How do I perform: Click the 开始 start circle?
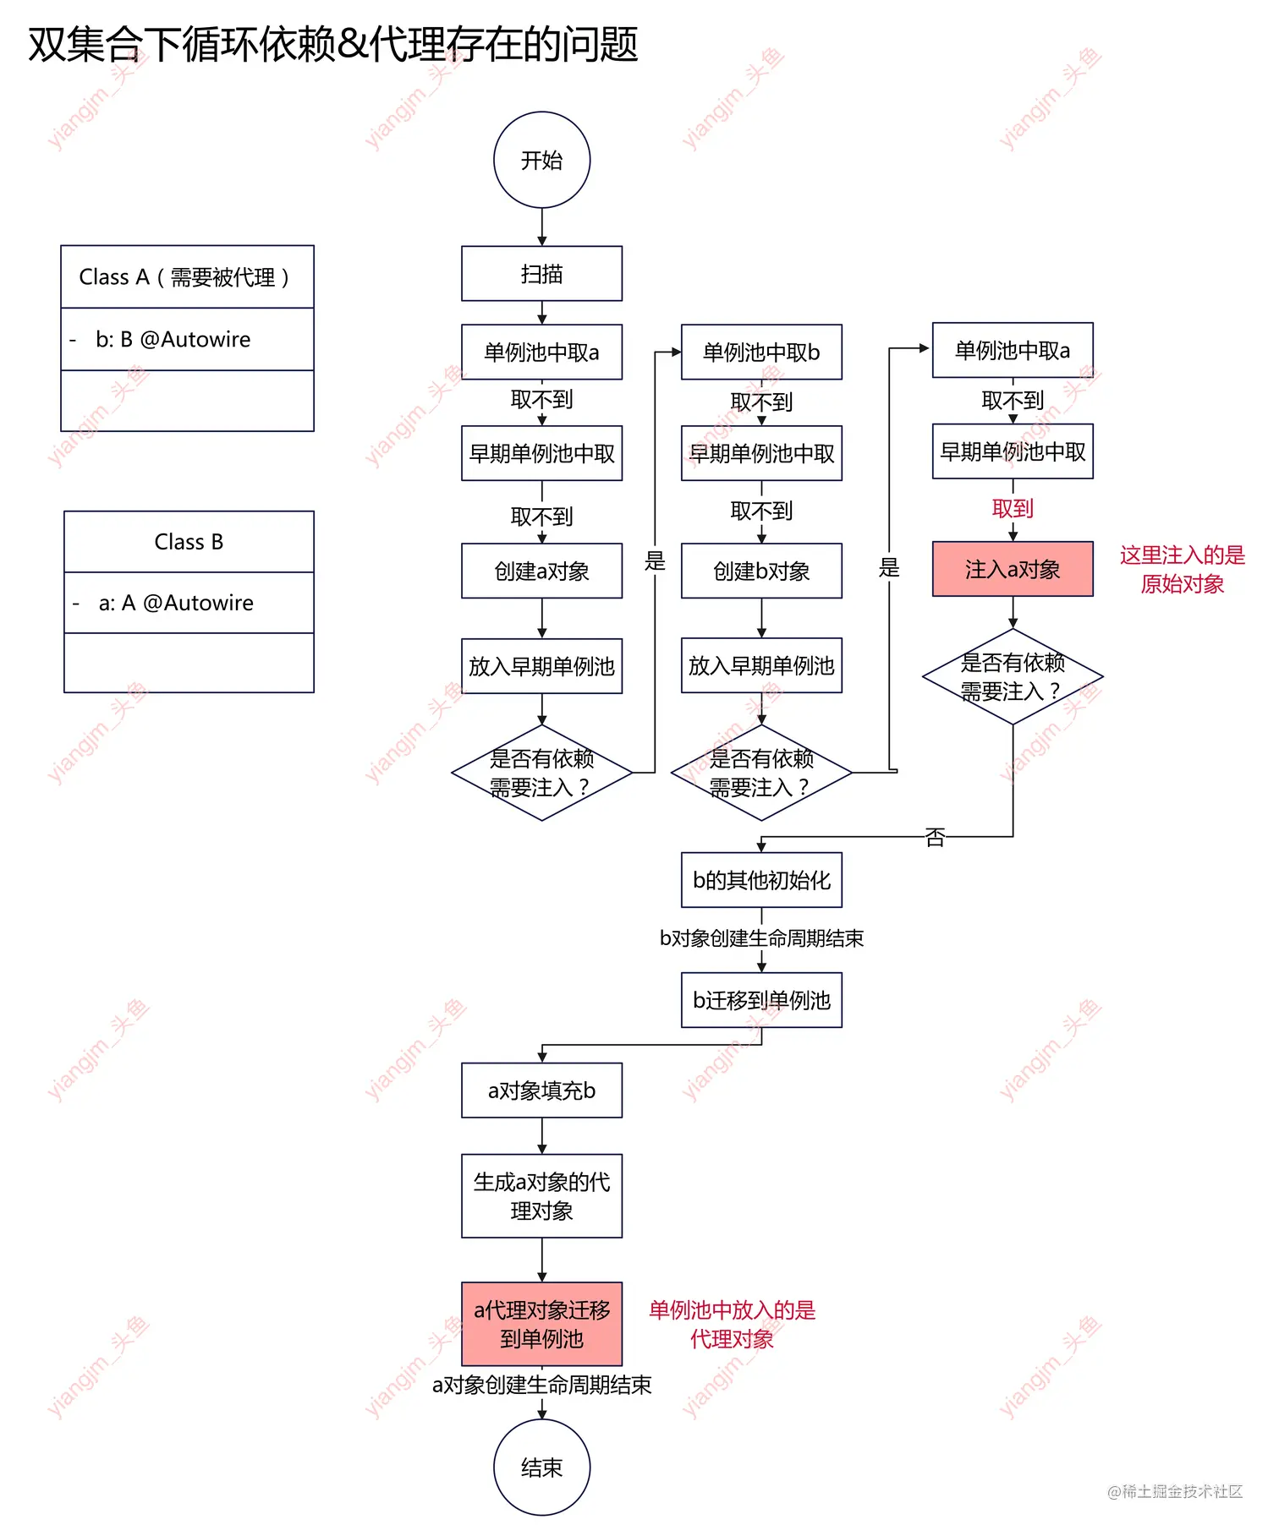click(x=541, y=160)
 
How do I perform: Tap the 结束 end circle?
click(x=541, y=1467)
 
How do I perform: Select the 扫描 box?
click(x=541, y=274)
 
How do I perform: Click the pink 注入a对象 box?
click(x=1013, y=569)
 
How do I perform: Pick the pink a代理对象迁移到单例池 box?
click(x=541, y=1324)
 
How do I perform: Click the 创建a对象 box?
click(x=541, y=571)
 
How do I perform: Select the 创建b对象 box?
click(x=761, y=571)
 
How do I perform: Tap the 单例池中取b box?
click(x=761, y=352)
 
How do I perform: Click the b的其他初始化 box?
click(x=761, y=880)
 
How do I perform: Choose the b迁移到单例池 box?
click(x=761, y=1000)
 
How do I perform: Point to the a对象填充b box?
click(x=541, y=1091)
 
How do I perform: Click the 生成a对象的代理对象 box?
click(x=541, y=1196)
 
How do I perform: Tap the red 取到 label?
click(x=1013, y=509)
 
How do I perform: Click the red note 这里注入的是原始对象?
click(x=1182, y=569)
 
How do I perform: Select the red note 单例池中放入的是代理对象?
click(x=732, y=1324)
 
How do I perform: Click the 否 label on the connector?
click(x=935, y=838)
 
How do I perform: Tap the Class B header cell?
click(x=189, y=542)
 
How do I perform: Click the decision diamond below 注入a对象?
click(x=1013, y=676)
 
